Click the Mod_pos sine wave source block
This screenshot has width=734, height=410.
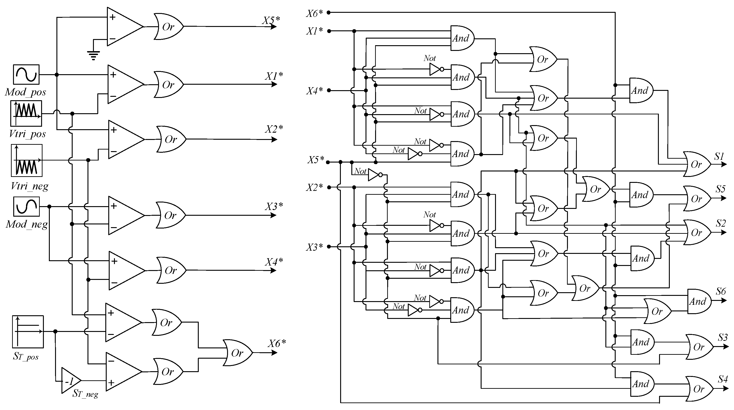[26, 75]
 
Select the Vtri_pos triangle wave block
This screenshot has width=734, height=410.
[26, 113]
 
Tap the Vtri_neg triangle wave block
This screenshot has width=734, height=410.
[27, 160]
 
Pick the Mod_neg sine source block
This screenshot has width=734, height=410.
[26, 207]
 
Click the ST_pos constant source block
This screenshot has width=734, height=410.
[28, 332]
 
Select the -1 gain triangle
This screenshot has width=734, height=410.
[70, 381]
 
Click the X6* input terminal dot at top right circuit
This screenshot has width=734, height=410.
[329, 13]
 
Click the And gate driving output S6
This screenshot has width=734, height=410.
[698, 302]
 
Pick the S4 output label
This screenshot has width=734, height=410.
[723, 379]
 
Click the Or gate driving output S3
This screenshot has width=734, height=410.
[698, 347]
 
